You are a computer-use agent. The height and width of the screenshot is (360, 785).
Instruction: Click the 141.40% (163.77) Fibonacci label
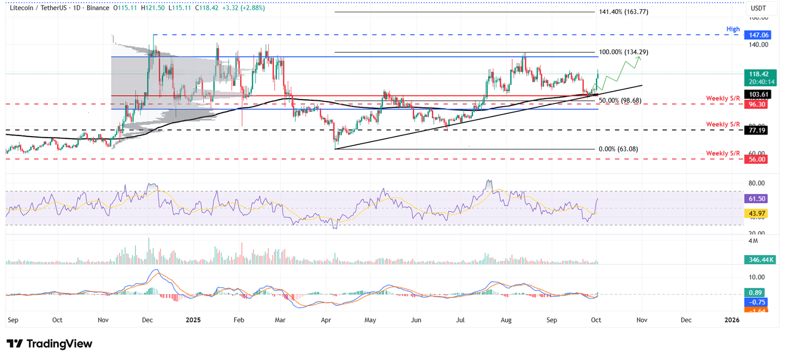tap(624, 12)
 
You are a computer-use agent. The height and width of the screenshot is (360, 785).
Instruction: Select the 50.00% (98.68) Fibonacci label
tap(620, 100)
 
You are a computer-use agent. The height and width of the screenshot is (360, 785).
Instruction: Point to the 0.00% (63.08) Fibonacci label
tap(618, 149)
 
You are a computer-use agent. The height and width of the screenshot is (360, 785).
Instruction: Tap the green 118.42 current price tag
tap(758, 74)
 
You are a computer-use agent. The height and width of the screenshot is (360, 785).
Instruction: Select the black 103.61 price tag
tap(758, 95)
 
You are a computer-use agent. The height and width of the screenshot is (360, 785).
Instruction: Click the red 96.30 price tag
tap(758, 105)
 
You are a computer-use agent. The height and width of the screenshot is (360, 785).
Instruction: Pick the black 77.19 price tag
tap(758, 131)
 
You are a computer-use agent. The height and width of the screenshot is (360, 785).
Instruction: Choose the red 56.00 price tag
tap(758, 160)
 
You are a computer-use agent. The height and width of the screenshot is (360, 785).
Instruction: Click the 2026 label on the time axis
tap(732, 320)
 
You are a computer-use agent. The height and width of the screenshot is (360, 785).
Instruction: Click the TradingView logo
tap(50, 344)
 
